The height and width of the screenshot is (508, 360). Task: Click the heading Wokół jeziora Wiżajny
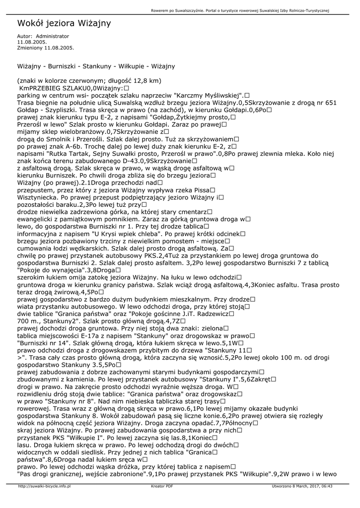[x=64, y=23]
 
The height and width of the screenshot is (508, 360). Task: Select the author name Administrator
[x=53, y=36]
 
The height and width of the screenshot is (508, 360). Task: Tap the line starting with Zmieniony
[x=45, y=48]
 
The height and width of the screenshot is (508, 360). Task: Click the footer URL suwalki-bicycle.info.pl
[x=44, y=486]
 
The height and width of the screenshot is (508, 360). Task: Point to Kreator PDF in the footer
[x=162, y=486]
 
